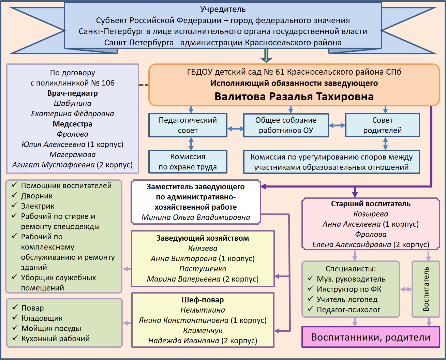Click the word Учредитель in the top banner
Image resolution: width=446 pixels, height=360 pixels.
pyautogui.click(x=223, y=10)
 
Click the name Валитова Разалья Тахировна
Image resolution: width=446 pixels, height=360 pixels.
pyautogui.click(x=294, y=96)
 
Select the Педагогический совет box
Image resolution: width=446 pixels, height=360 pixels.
pyautogui.click(x=188, y=125)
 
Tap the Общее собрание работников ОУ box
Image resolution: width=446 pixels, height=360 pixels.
pyautogui.click(x=286, y=125)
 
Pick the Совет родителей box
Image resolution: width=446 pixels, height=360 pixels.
pyautogui.click(x=382, y=125)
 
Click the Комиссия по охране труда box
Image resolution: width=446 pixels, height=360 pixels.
pyautogui.click(x=188, y=162)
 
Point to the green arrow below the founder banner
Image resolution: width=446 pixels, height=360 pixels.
pyautogui.click(x=266, y=56)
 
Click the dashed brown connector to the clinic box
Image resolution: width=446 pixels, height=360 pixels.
pyautogui.click(x=144, y=85)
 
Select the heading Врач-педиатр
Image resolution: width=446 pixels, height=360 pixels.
pyautogui.click(x=72, y=93)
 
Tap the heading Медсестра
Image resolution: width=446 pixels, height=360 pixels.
pyautogui.click(x=72, y=124)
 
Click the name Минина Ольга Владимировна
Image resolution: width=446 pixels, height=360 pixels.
pyautogui.click(x=196, y=217)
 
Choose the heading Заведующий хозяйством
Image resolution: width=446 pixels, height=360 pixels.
pyautogui.click(x=203, y=238)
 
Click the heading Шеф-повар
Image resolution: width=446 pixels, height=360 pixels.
pyautogui.click(x=203, y=300)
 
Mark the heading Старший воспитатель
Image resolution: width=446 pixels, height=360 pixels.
pyautogui.click(x=371, y=204)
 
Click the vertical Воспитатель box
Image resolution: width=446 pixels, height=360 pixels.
pyautogui.click(x=426, y=289)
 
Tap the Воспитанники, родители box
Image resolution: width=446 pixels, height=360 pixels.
pyautogui.click(x=371, y=337)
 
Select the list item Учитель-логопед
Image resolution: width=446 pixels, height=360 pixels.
pyautogui.click(x=347, y=299)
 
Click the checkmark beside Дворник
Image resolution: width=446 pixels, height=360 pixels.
pyautogui.click(x=14, y=195)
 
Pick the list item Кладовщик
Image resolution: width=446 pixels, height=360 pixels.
pyautogui.click(x=42, y=318)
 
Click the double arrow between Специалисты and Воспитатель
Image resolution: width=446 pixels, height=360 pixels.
pyautogui.click(x=406, y=289)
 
